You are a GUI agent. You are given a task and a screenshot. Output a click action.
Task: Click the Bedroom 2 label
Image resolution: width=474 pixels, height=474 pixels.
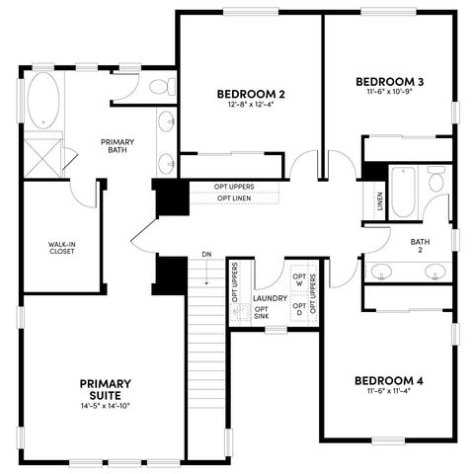251,94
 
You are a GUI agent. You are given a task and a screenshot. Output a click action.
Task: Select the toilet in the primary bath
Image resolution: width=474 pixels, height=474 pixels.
157,89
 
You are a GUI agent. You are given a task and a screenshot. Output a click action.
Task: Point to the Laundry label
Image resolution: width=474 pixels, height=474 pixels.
270,297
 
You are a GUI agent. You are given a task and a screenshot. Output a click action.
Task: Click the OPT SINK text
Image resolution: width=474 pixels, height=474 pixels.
262,312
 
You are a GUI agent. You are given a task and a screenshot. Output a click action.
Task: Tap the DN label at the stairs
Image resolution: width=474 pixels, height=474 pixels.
206,255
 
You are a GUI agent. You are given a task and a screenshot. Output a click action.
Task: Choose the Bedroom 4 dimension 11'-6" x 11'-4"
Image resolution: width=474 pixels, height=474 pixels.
389,392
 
